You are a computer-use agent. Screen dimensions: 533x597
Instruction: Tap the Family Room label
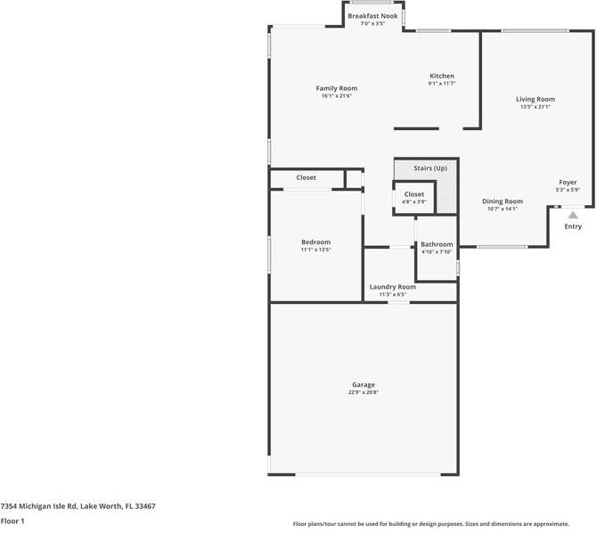tap(337, 88)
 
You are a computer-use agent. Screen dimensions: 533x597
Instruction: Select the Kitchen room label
tap(442, 77)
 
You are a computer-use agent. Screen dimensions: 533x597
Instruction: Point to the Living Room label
tap(536, 99)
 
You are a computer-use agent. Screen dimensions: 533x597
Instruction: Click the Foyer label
tap(568, 182)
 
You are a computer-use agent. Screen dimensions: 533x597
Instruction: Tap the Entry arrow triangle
tap(573, 214)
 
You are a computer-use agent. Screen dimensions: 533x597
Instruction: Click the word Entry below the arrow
tap(573, 226)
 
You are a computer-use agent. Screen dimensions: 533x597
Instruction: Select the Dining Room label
tap(503, 201)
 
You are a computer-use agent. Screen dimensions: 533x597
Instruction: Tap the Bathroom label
tap(437, 244)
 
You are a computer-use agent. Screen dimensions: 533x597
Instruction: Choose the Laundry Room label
tap(393, 287)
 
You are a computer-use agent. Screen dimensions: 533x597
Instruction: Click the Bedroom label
tap(315, 242)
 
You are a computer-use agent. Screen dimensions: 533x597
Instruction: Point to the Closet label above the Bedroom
tap(307, 177)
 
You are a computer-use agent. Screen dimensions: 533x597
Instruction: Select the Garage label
tap(363, 385)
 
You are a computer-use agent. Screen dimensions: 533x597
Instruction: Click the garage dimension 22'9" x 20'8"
tap(363, 392)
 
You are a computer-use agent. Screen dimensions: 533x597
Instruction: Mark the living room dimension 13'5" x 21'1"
tap(536, 107)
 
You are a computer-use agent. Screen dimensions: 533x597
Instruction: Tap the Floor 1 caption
tap(12, 520)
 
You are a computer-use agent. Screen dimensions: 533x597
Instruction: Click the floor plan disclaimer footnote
tap(444, 524)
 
